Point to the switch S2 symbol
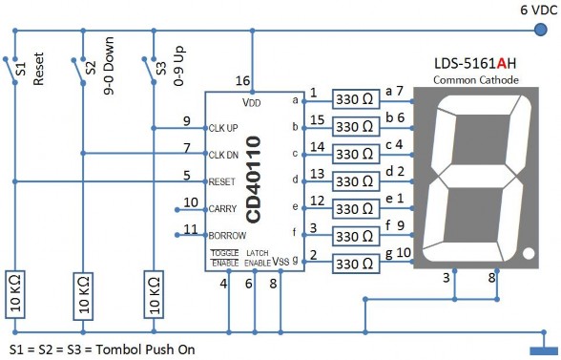click(78, 68)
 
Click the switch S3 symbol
click(148, 68)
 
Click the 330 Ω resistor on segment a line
click(357, 99)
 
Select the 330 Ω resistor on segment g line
click(357, 261)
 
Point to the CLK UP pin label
click(225, 127)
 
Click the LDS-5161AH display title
click(475, 64)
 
